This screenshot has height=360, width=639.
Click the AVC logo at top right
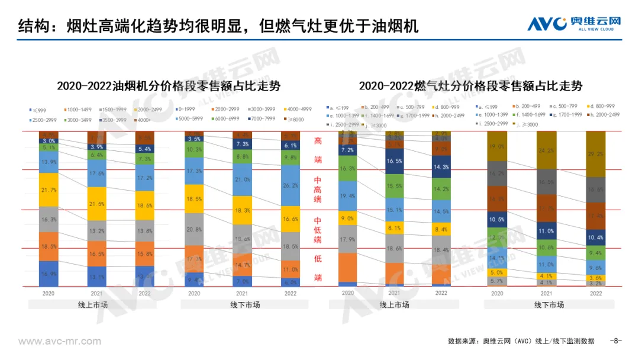pyautogui.click(x=574, y=24)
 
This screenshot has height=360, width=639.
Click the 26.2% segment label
pyautogui.click(x=291, y=185)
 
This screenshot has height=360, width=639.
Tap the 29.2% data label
pyautogui.click(x=596, y=154)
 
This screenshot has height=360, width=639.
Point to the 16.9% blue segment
pyautogui.click(x=50, y=274)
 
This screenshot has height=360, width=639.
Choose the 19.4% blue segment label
pyautogui.click(x=348, y=195)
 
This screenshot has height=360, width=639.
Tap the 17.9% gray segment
pyautogui.click(x=348, y=239)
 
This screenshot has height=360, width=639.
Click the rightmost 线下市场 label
pyautogui.click(x=549, y=304)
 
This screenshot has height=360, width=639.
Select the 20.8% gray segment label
pyautogui.click(x=193, y=229)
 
